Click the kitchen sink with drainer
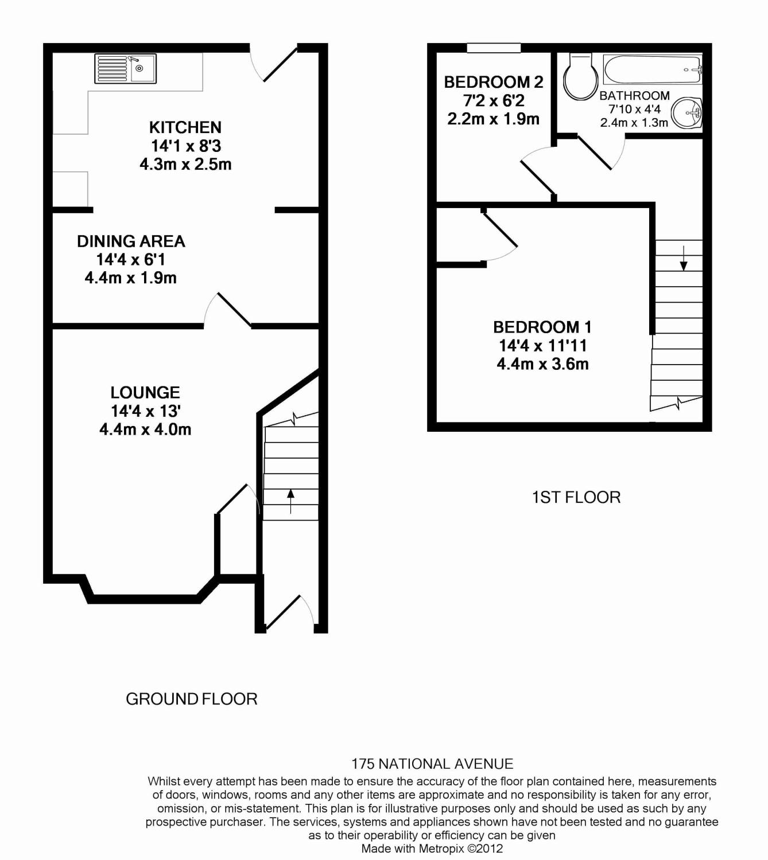point(125,68)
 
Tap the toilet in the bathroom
point(577,77)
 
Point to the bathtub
point(653,69)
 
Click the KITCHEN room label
point(185,127)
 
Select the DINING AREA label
point(131,241)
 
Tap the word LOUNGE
point(145,392)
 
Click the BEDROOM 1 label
point(542,327)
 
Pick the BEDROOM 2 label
point(494,82)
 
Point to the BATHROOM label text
point(634,96)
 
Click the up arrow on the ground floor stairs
point(290,501)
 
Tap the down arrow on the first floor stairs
point(684,258)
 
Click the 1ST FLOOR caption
point(576,497)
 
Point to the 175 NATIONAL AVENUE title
point(432,764)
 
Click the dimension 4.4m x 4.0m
point(145,429)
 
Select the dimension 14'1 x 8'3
point(186,146)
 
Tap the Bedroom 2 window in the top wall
point(494,48)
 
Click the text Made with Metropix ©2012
point(432,849)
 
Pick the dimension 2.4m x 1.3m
point(634,123)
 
